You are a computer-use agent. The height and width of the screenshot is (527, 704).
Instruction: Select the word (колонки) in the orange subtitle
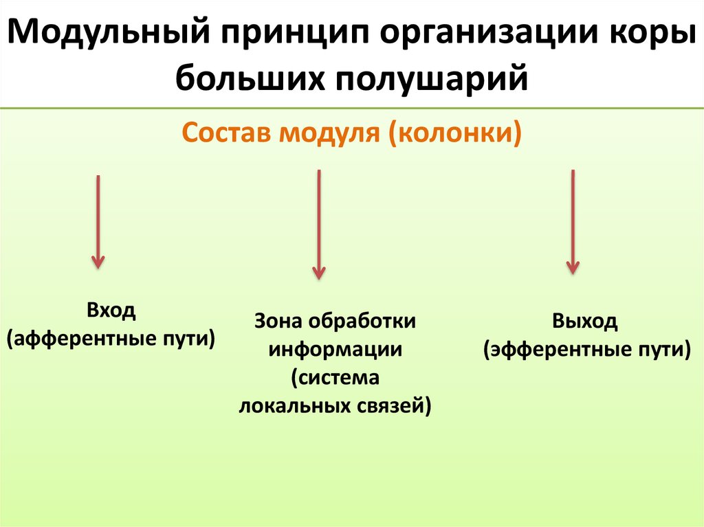[x=454, y=131]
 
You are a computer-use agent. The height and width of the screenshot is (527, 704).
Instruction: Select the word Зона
[x=279, y=321]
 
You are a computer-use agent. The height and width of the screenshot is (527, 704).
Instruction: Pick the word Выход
[x=585, y=321]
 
